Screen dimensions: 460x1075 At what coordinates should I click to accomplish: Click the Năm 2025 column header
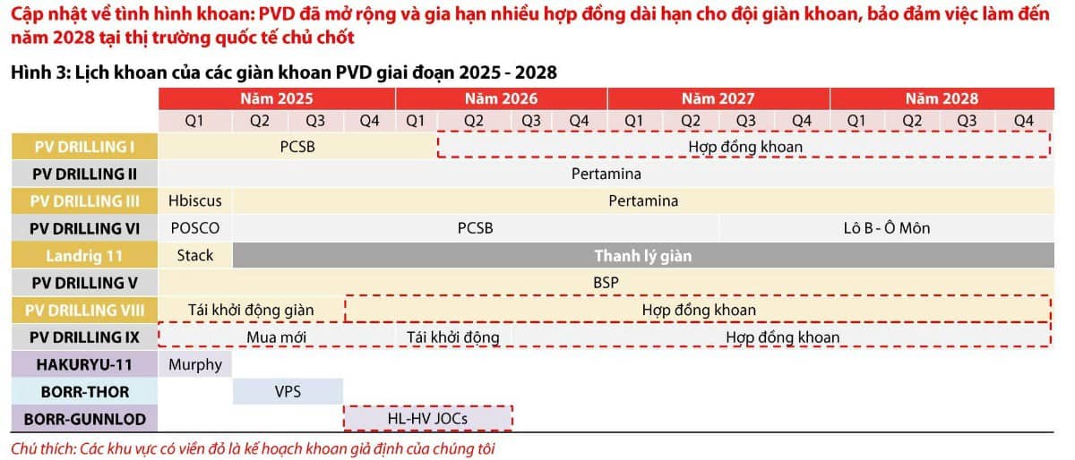(276, 98)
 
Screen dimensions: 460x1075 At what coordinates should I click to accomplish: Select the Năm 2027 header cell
(718, 98)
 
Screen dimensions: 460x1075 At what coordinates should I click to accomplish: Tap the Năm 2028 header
(942, 98)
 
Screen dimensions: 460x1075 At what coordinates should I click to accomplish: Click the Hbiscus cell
(194, 200)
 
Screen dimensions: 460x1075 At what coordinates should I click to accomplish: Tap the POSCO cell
(194, 228)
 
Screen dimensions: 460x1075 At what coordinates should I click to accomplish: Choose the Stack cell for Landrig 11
(194, 256)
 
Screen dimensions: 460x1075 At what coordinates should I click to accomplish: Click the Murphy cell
(194, 364)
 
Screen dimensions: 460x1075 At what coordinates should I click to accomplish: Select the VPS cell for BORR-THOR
(288, 391)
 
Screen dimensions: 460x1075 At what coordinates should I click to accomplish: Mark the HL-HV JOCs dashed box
(427, 418)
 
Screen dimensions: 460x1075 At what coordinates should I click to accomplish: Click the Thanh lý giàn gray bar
(642, 256)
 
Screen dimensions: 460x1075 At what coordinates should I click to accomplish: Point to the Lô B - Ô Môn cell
(886, 228)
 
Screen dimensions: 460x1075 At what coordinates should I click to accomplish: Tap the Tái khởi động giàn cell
(251, 310)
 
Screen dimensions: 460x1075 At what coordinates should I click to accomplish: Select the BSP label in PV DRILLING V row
(606, 283)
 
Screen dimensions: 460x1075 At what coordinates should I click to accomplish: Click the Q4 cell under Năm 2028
(1023, 120)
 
